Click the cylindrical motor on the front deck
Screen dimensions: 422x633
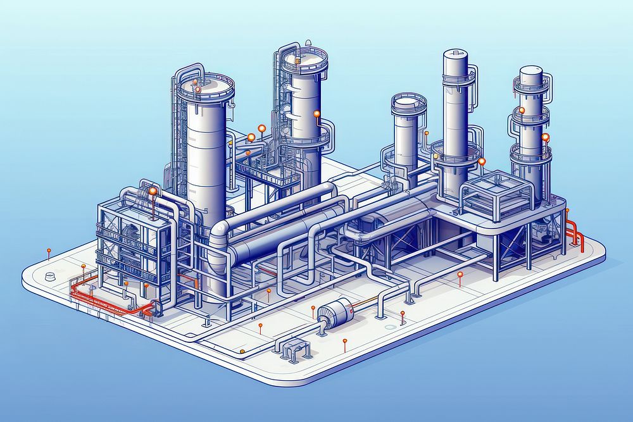pos(333,312)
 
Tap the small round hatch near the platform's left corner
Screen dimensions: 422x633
pos(51,276)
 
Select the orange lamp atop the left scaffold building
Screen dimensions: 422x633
pos(152,190)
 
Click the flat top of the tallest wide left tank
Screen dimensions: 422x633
pos(206,84)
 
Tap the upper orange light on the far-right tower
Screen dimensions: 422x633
pos(523,110)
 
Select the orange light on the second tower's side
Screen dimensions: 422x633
pos(316,115)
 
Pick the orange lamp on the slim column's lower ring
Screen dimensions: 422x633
pos(482,162)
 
